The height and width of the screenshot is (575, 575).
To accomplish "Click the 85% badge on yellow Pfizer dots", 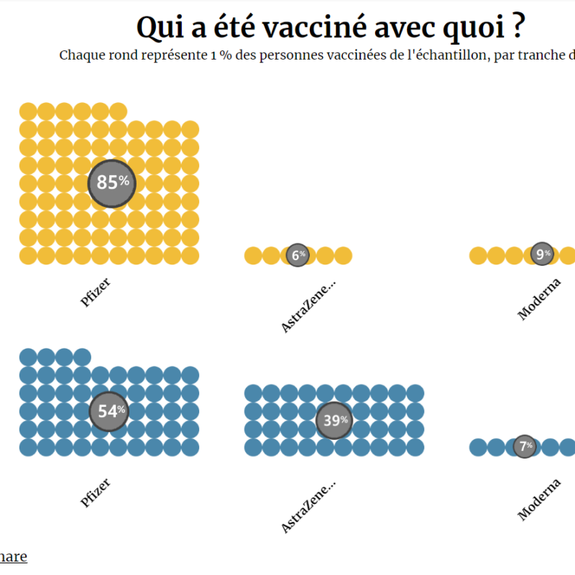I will point(111,183).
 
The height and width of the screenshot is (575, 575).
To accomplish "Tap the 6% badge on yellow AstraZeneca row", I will point(298,254).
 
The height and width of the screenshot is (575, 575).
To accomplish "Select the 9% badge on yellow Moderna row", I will point(543,254).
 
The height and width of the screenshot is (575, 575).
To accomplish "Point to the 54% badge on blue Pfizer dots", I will point(109,412).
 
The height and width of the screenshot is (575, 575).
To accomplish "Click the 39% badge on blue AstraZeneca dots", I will point(334,420).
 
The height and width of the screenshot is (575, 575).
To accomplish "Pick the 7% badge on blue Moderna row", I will point(525,446).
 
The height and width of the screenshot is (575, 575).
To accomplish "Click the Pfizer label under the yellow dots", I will point(96,292).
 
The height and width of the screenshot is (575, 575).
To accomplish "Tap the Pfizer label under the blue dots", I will point(96,492).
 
